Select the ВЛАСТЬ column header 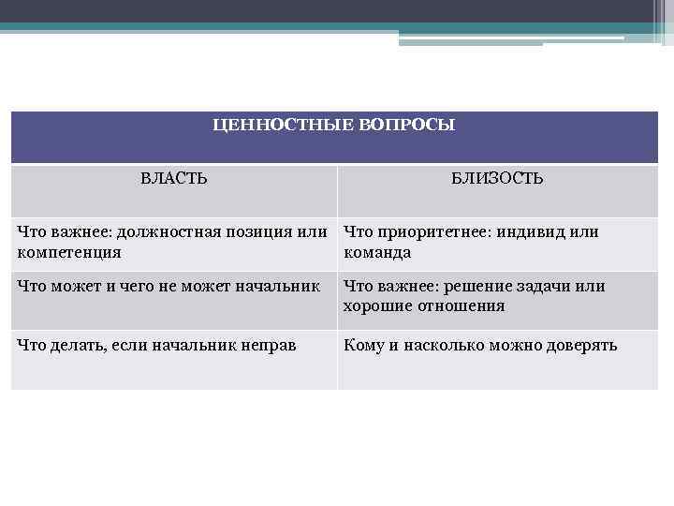pos(174,178)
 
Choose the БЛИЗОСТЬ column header pos(497,178)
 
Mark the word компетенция pos(69,252)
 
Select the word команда pos(377,252)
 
